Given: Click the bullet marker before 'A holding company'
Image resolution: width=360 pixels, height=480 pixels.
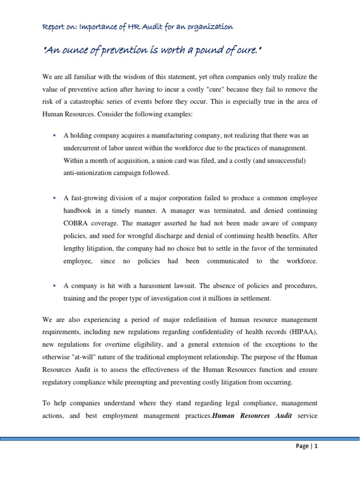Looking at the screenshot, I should pyautogui.click(x=54, y=135).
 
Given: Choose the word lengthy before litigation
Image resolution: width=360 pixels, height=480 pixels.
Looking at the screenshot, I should pyautogui.click(x=75, y=248).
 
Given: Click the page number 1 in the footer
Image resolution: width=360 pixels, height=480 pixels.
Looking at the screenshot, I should pyautogui.click(x=316, y=446).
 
